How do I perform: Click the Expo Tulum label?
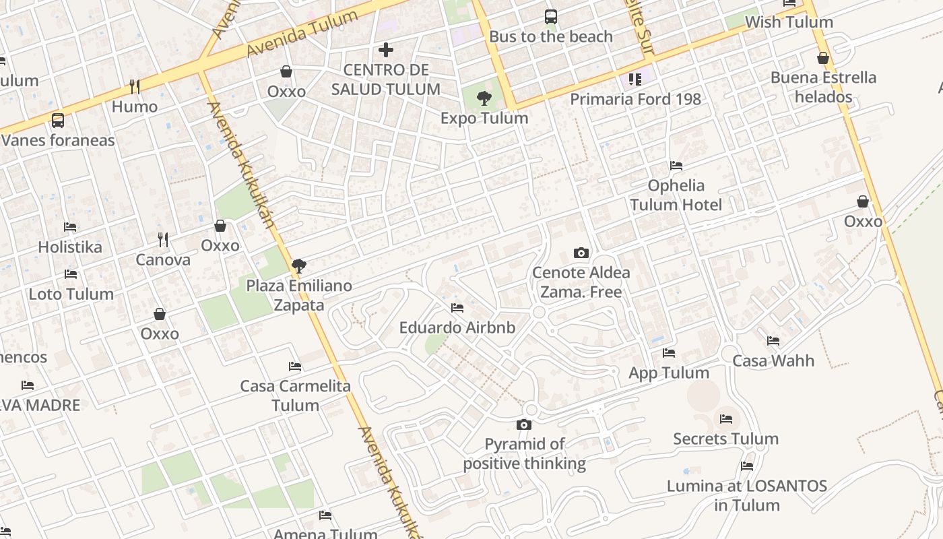point(484,119)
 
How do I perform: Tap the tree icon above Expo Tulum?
point(484,99)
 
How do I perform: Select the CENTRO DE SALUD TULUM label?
point(386,80)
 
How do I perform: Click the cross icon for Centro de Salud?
point(386,50)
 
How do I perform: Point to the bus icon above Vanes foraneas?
point(58,121)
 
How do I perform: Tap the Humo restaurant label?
point(135,106)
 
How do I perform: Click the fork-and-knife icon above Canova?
point(163,240)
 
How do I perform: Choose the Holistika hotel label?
point(70,247)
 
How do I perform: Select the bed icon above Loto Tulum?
point(70,274)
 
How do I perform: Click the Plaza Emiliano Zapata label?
point(299,295)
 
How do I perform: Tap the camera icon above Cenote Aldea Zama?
point(581,253)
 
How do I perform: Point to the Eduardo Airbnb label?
point(457,327)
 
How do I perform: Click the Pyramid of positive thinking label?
point(525,453)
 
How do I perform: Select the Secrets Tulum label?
point(725,439)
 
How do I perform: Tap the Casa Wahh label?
point(773,360)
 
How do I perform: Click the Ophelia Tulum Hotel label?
point(676,195)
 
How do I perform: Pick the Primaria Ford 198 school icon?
point(635,80)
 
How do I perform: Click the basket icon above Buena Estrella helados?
point(822,59)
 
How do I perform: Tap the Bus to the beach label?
point(551,36)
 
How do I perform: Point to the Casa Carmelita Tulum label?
point(295,395)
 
